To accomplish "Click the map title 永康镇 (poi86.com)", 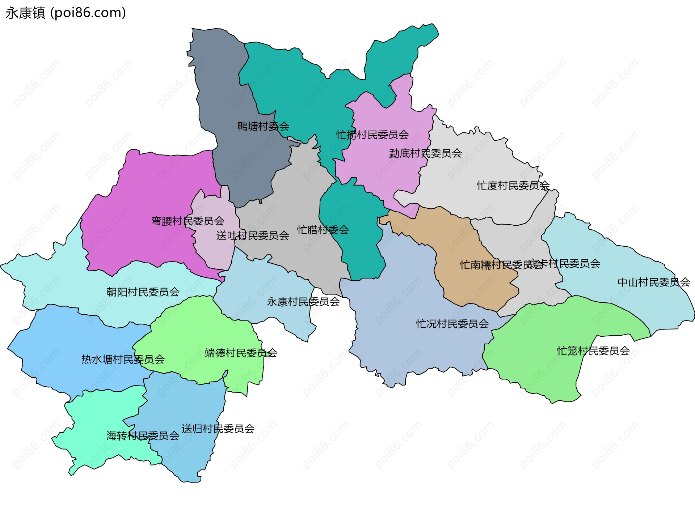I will click(x=66, y=13).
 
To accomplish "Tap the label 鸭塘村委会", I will click(x=263, y=127).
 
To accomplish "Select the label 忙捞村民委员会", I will click(x=372, y=135).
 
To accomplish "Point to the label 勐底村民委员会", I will click(x=425, y=153).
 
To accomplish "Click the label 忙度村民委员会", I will click(x=513, y=186).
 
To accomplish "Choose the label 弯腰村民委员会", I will click(x=188, y=221).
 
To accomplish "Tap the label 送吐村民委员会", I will click(x=253, y=235).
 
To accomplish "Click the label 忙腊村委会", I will click(x=323, y=230).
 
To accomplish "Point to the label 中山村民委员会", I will click(x=654, y=282).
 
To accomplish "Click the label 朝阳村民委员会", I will click(x=143, y=292).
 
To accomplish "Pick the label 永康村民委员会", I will click(x=303, y=302).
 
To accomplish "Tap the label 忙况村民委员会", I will click(x=452, y=324).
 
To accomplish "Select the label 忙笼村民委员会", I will click(x=593, y=351).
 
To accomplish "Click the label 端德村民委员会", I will click(x=241, y=353).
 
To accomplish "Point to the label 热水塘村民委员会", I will click(x=123, y=360).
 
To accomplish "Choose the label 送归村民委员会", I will click(x=218, y=429).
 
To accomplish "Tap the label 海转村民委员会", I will click(x=143, y=435).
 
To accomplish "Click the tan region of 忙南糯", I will click(x=471, y=286).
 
